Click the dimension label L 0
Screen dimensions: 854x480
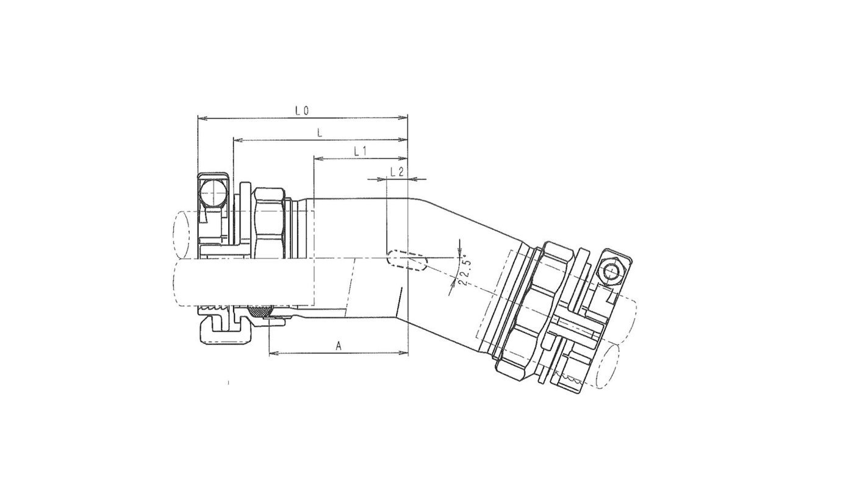click(302, 111)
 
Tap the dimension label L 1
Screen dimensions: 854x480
click(359, 151)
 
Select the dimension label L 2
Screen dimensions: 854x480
click(397, 172)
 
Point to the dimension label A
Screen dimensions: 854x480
click(338, 346)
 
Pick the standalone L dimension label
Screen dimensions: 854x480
click(320, 133)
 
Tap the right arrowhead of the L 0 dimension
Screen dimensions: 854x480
click(403, 118)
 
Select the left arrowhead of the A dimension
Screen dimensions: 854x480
click(274, 353)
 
